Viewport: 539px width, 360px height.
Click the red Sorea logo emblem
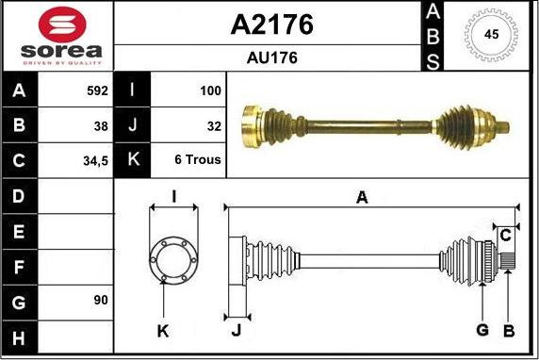click(x=62, y=25)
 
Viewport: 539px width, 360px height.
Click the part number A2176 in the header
click(x=272, y=25)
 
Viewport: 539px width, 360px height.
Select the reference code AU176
click(x=272, y=57)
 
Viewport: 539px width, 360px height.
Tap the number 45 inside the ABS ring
click(x=491, y=34)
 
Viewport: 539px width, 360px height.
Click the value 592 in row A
click(x=98, y=90)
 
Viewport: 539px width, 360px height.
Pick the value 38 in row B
click(x=101, y=126)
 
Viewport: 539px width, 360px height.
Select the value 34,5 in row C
click(x=95, y=161)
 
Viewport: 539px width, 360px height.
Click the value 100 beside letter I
click(x=210, y=90)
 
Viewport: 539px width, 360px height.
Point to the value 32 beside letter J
click(x=214, y=126)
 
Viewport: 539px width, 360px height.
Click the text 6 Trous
click(x=198, y=159)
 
